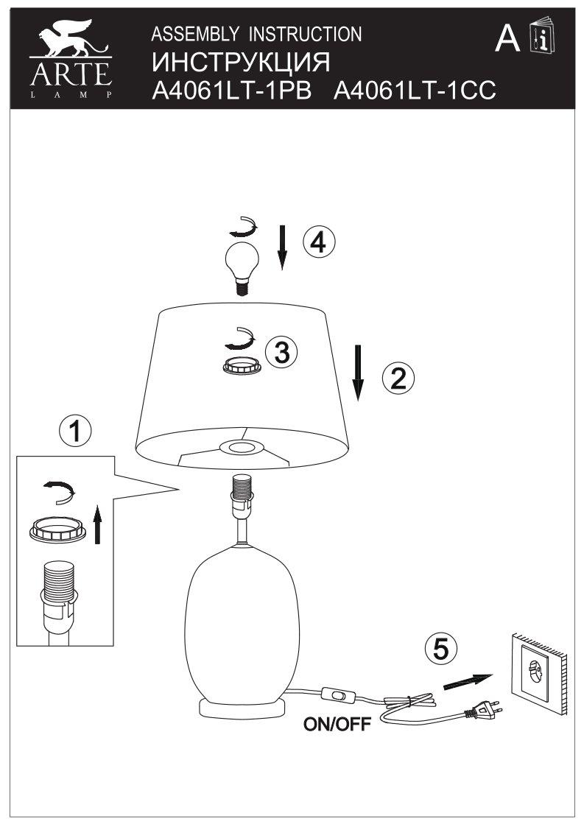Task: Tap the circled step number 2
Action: [x=398, y=379]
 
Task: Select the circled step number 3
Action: [x=281, y=353]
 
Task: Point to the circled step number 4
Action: [x=318, y=242]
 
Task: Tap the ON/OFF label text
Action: [x=338, y=725]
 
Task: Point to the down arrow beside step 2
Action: [x=358, y=372]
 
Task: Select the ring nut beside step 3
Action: [x=241, y=365]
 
